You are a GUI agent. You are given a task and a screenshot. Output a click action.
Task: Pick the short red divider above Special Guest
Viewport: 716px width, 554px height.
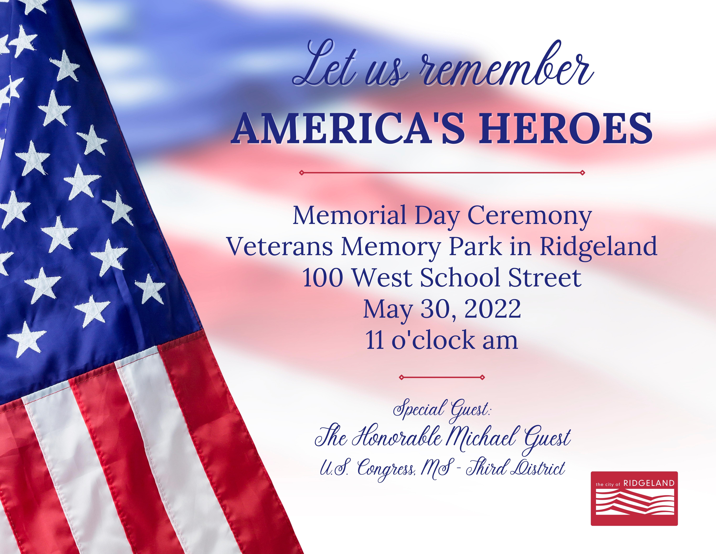[442, 377]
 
